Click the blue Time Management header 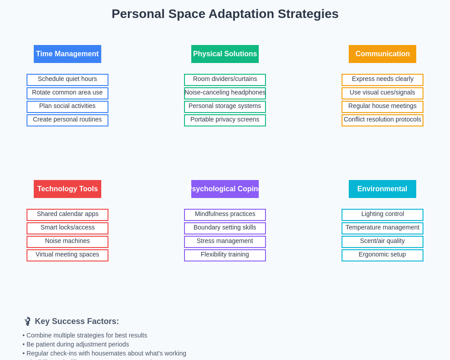67,54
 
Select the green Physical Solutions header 225,54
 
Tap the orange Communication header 382,54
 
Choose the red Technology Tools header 67,189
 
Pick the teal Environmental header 382,189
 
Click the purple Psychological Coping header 225,189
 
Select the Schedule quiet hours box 67,80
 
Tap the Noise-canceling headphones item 225,93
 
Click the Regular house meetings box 382,107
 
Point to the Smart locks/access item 67,228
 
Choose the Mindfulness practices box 225,215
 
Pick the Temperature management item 382,228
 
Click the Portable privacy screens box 225,120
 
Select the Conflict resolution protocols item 382,120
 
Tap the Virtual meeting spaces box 67,255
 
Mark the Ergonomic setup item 382,255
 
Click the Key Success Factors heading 77,321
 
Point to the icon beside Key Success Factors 27,321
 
